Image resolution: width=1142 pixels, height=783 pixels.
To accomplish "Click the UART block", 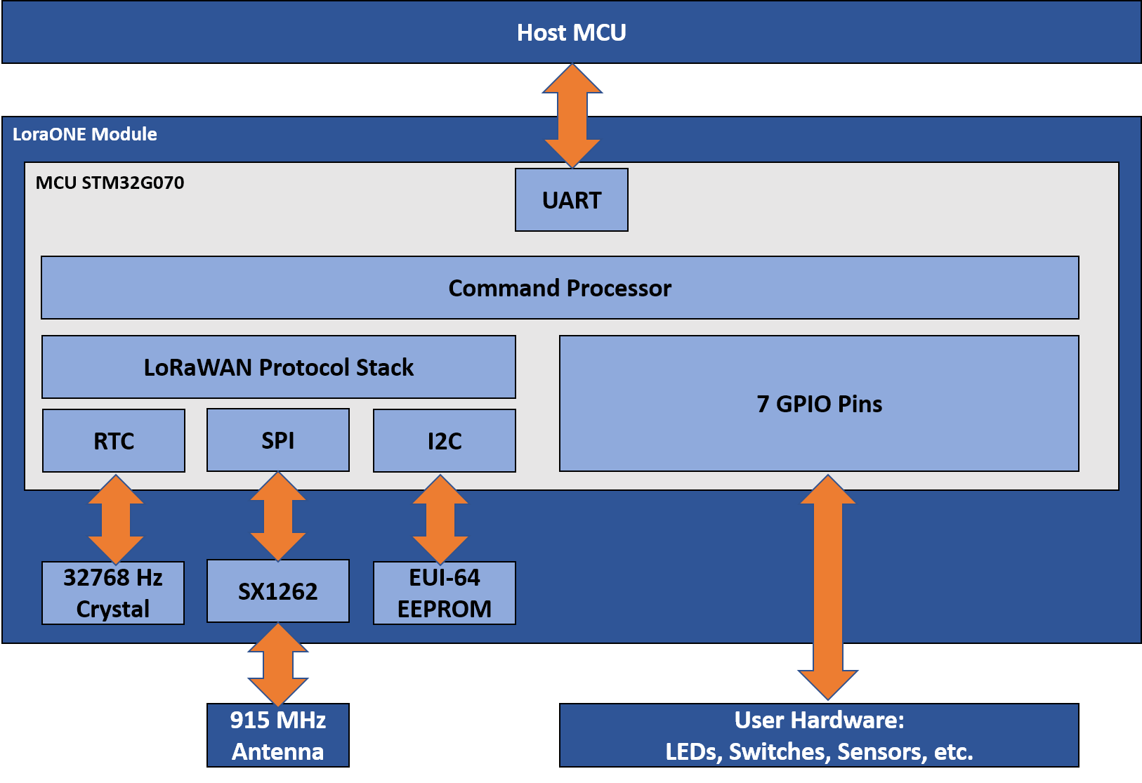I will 572,200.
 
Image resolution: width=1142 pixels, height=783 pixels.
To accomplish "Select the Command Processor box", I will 560,288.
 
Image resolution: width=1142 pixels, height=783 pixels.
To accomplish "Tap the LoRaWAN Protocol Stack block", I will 279,367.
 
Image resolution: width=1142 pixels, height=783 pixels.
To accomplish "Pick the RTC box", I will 114,441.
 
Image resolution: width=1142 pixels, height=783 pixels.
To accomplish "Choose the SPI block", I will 278,440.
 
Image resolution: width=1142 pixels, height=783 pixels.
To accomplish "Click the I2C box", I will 445,441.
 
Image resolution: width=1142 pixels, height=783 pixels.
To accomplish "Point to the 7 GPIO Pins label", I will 819,404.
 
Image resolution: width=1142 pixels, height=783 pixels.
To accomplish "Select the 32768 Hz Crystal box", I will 113,593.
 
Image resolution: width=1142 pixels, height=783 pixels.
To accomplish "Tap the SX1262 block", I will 278,591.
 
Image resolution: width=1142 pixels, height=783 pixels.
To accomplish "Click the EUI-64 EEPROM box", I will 445,593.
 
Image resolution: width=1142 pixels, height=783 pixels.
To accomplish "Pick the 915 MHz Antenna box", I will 278,735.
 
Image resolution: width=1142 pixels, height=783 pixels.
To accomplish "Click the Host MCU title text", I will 572,32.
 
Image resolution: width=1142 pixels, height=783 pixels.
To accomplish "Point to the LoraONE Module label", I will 85,134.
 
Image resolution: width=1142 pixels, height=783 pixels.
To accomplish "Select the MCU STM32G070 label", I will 110,183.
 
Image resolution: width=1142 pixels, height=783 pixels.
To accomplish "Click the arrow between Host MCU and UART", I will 572,116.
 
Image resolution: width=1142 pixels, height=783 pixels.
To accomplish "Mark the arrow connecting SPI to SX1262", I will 278,517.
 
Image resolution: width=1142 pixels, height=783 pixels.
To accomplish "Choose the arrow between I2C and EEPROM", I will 440,520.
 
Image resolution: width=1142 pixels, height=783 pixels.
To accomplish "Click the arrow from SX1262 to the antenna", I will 278,664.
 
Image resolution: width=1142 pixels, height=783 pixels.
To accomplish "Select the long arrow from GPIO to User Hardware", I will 828,587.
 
